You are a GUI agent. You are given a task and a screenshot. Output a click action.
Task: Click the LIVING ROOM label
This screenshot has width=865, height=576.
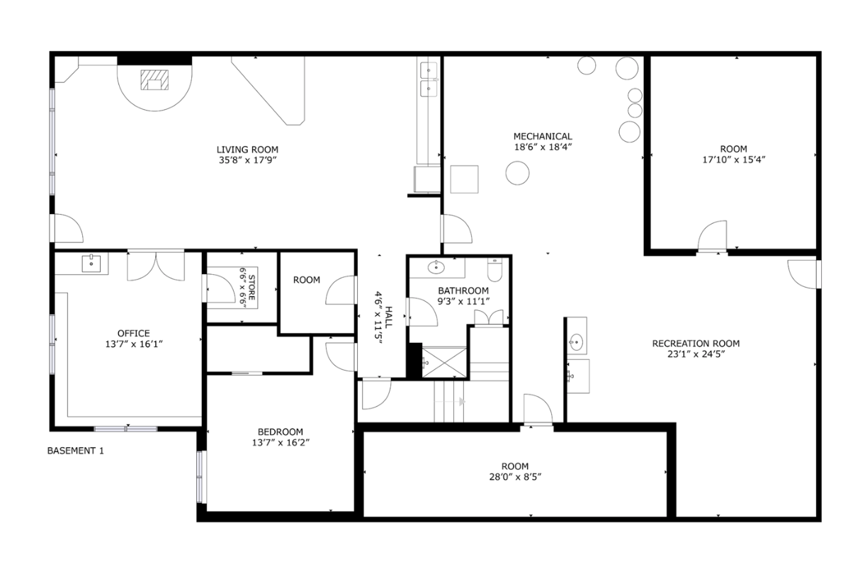click(x=247, y=149)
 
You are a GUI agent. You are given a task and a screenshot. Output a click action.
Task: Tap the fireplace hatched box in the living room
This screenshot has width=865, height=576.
click(x=155, y=80)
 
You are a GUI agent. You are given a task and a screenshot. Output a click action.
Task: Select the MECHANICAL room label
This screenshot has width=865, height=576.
click(x=543, y=136)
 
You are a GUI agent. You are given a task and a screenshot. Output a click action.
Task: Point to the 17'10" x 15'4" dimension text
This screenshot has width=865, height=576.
click(x=733, y=159)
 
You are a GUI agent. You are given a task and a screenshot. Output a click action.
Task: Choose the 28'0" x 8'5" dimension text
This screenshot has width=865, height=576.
click(x=514, y=477)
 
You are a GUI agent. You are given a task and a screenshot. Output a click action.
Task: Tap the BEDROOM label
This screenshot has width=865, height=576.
click(x=280, y=431)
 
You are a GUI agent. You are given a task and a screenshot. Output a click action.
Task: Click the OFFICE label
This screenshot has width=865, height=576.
click(x=133, y=333)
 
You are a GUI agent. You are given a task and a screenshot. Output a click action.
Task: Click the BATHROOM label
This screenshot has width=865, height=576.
click(x=463, y=290)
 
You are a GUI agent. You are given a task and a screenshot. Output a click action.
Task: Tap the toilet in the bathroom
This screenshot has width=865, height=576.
click(x=494, y=270)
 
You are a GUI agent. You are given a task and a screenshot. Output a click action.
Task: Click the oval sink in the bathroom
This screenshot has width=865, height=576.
click(x=436, y=268)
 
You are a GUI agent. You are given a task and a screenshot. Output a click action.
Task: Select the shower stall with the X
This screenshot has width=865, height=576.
click(x=444, y=363)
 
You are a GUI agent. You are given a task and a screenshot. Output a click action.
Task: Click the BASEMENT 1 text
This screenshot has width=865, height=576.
click(x=75, y=451)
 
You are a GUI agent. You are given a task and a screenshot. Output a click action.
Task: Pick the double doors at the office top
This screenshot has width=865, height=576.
click(x=155, y=265)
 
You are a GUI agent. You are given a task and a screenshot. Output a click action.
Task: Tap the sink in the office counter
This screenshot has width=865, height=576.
click(x=92, y=264)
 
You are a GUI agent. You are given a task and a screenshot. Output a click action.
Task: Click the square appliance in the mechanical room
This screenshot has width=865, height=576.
click(x=464, y=179)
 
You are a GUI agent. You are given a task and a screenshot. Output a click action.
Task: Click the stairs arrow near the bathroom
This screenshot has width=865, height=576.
click(x=462, y=402)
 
